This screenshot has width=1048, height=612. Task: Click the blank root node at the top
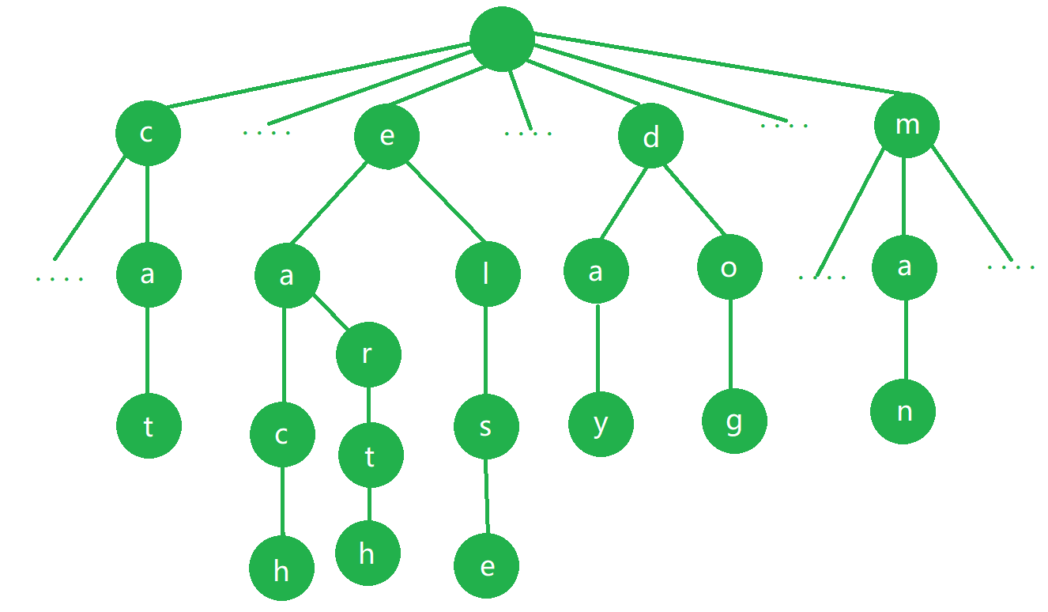(502, 39)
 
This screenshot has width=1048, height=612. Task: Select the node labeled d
(650, 137)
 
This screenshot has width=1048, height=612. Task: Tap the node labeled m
(907, 125)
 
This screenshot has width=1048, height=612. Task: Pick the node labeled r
(368, 355)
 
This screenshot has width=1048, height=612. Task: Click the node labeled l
(488, 274)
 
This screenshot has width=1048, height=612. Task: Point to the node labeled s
(486, 427)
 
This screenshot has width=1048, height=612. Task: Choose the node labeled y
(601, 425)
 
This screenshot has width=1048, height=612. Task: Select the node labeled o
(729, 267)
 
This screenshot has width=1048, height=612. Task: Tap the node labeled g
(734, 421)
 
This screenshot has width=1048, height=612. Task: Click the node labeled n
(903, 412)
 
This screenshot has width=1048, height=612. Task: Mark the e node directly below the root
(386, 136)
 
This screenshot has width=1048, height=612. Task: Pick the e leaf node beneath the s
(487, 566)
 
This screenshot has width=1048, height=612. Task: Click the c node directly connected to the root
(148, 133)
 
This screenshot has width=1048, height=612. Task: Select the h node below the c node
(281, 569)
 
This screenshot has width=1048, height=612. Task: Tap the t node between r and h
(370, 456)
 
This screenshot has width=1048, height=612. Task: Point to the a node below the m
(905, 267)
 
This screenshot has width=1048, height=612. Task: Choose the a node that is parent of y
(596, 271)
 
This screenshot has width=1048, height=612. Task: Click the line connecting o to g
(731, 344)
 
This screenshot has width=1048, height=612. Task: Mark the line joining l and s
(486, 350)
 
